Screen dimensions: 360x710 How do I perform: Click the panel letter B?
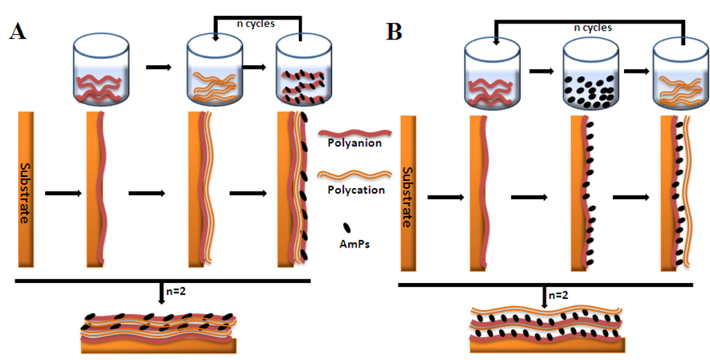(x=394, y=32)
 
